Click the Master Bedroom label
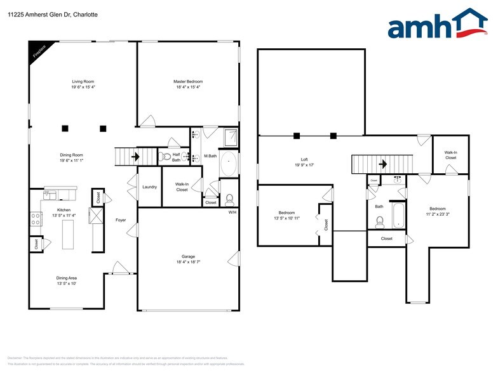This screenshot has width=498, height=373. (x=188, y=81)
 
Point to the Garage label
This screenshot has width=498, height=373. (x=189, y=256)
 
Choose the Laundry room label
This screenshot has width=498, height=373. (x=149, y=186)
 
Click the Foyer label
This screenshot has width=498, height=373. (x=121, y=220)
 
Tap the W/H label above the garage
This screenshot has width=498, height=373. (x=232, y=212)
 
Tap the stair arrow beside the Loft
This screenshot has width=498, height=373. (x=382, y=164)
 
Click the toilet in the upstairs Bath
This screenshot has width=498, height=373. (x=380, y=221)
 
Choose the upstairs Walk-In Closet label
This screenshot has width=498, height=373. (x=450, y=154)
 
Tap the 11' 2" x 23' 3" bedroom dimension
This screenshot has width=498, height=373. (x=438, y=214)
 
